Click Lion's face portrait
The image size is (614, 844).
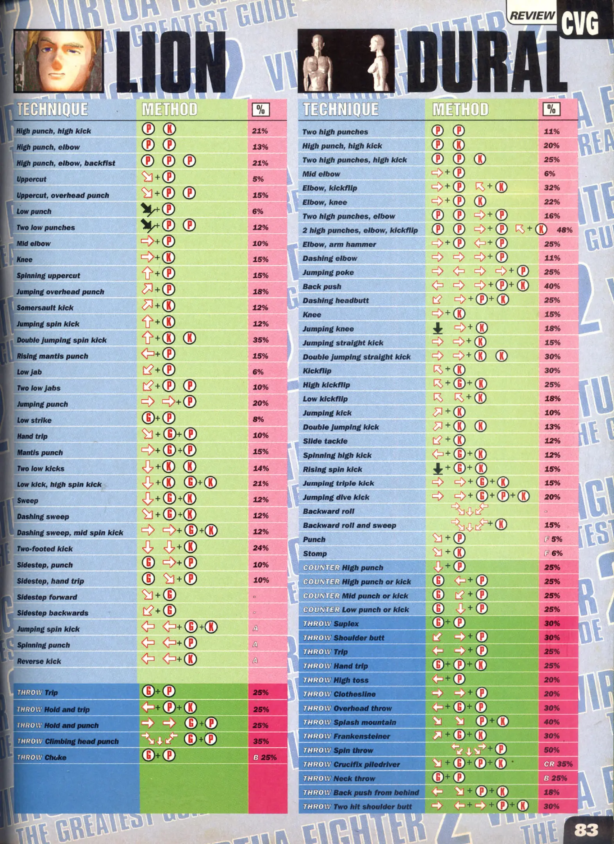point(59,61)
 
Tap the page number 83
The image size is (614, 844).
point(586,829)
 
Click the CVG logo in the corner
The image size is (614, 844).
point(580,23)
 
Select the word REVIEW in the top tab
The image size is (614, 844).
point(532,16)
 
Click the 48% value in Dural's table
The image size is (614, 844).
point(564,230)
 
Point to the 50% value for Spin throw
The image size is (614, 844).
point(552,750)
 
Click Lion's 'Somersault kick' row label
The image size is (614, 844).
point(45,308)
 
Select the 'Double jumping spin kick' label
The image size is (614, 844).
point(61,340)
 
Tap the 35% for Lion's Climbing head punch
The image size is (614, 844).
point(261,741)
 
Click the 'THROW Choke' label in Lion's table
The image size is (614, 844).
point(42,757)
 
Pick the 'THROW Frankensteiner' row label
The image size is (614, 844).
point(346,736)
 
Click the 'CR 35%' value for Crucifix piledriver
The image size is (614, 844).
point(558,764)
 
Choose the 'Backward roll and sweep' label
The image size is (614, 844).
point(349,525)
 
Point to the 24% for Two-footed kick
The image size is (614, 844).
point(261,548)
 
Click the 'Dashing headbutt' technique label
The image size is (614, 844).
point(336,300)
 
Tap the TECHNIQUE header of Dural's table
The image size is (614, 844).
point(341,109)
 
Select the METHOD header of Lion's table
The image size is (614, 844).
point(170,109)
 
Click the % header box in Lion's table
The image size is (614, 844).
point(261,110)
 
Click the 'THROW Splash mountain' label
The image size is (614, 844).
point(350,722)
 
